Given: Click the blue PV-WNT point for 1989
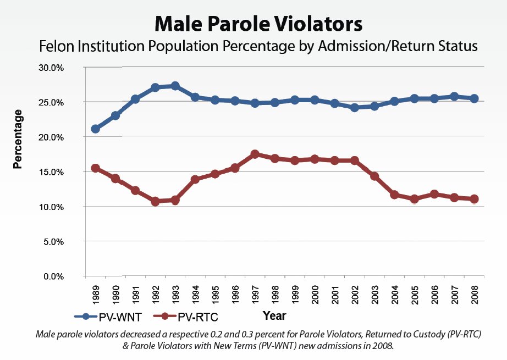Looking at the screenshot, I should (95, 129).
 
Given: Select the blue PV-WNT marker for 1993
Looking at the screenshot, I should (175, 86).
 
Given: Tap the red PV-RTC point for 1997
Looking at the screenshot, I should (255, 154).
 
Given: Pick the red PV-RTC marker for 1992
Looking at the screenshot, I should (155, 201).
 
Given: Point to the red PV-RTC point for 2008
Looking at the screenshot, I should (473, 199).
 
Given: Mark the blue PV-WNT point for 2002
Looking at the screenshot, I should (354, 108).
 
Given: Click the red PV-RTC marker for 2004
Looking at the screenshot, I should (394, 195).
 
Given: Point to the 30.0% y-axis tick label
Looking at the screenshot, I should (51, 68).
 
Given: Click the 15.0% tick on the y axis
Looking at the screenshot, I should (51, 172).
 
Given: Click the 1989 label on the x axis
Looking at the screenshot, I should (95, 295).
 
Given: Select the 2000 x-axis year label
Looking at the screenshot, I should (314, 295).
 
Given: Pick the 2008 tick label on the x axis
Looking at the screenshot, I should (473, 295).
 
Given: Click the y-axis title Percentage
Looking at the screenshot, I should (18, 139).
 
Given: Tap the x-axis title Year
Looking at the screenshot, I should (274, 316).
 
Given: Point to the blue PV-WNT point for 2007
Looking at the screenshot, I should (454, 97).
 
